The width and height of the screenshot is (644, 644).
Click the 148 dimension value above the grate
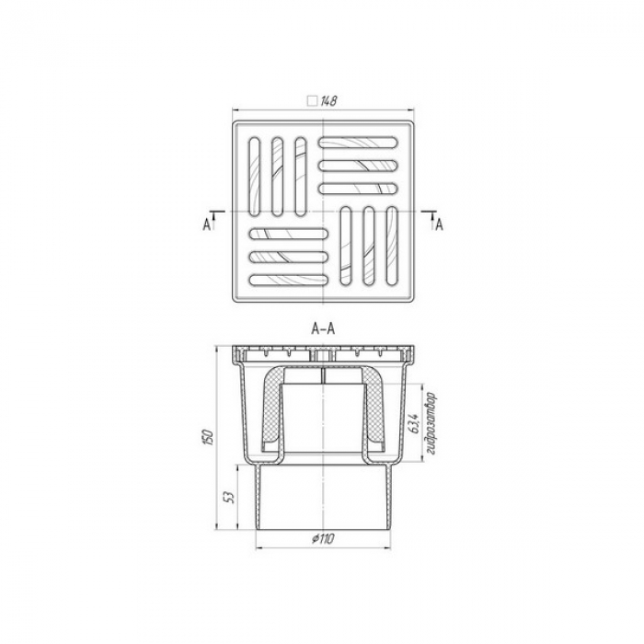coord(328,101)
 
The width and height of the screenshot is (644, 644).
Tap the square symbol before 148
coord(313,101)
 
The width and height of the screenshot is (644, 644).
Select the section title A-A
coord(323,329)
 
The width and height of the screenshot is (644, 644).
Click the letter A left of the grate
coord(207,224)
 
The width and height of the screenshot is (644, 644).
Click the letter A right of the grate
coord(439,224)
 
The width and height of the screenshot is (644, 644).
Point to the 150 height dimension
coord(209,438)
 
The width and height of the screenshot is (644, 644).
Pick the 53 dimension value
coord(230,498)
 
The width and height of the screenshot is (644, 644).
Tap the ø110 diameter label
coord(323,538)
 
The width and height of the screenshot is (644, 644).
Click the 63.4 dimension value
coord(413,423)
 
